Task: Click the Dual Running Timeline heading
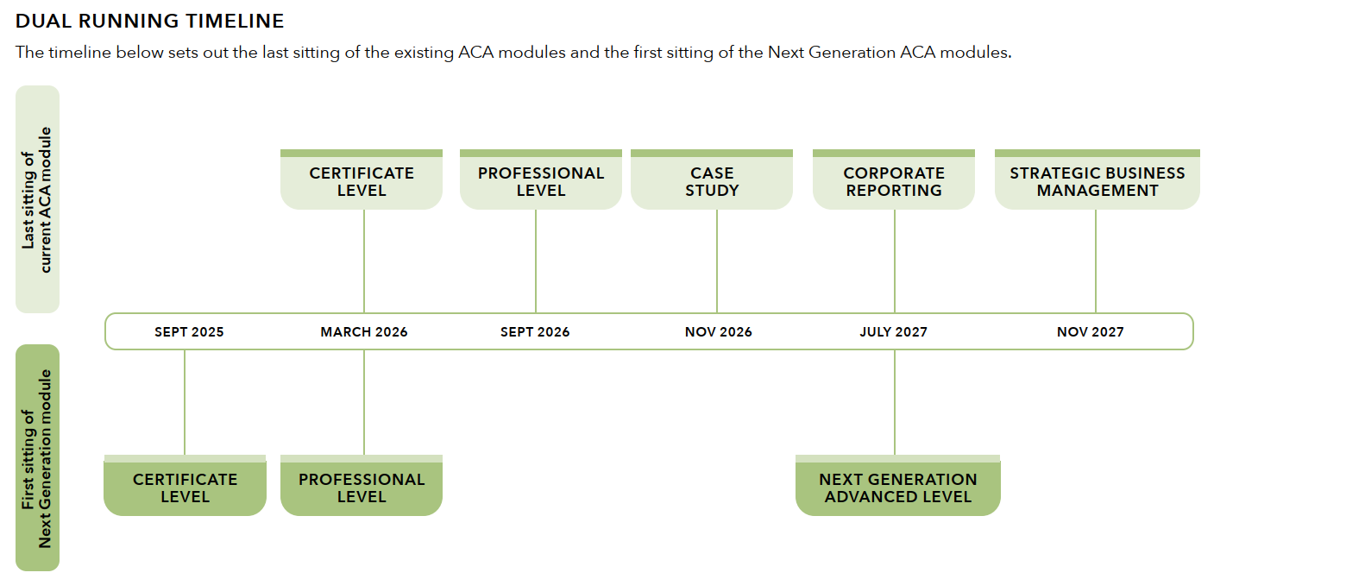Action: pos(149,21)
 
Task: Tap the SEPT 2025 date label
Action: pos(189,332)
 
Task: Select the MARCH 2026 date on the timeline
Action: pos(363,332)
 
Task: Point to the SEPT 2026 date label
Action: pos(535,332)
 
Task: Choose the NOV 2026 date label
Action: pos(718,332)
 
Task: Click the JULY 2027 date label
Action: pos(893,332)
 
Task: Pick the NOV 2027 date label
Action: pos(1090,332)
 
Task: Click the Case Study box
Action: pos(712,179)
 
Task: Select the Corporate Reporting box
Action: pos(894,179)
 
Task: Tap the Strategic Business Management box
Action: pos(1098,179)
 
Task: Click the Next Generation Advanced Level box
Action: pos(897,485)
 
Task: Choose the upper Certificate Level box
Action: pos(362,179)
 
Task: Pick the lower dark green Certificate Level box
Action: pos(185,485)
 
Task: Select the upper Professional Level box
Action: pos(541,179)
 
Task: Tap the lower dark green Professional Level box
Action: pos(362,485)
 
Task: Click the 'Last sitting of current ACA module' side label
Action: pos(37,199)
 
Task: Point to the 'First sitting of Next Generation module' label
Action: pos(37,457)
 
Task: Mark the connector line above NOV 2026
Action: pos(717,261)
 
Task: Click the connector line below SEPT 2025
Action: pos(185,402)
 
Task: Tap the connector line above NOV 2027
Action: pos(1096,261)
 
